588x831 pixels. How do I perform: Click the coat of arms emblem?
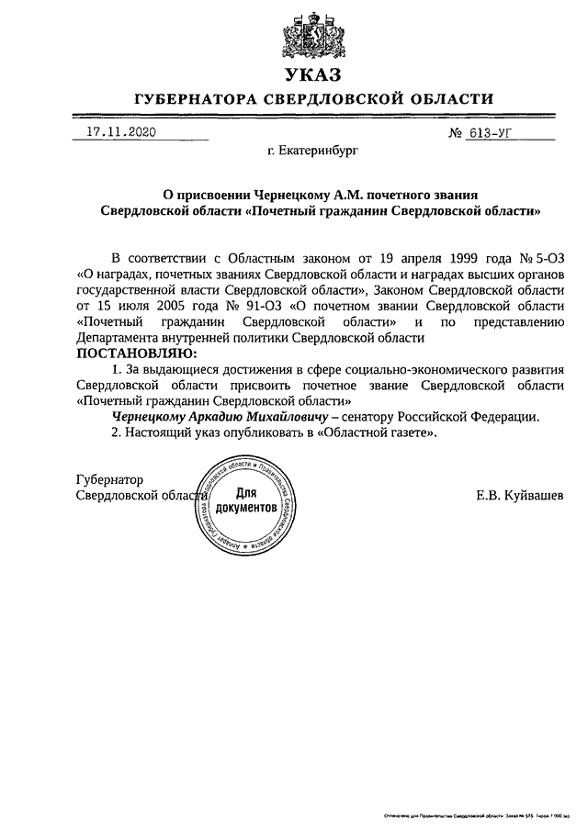coord(311,36)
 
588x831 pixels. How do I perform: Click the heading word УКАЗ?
coord(311,73)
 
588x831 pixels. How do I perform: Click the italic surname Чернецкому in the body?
coord(153,416)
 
